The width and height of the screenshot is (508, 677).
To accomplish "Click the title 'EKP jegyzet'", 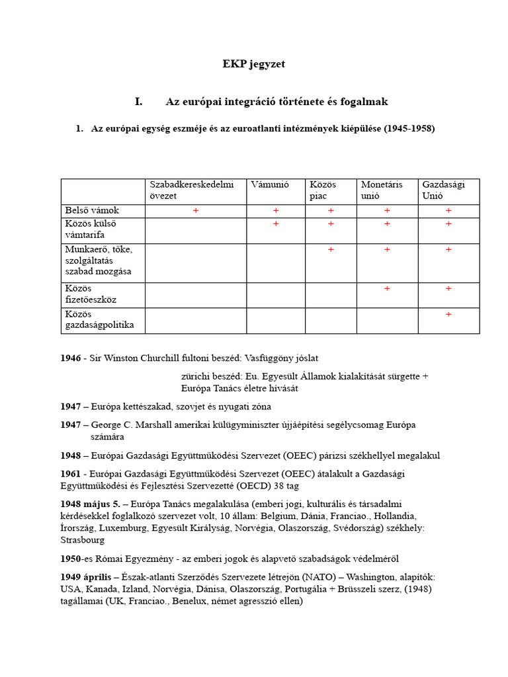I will pyautogui.click(x=253, y=64).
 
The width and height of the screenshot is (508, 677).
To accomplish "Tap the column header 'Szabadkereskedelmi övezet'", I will pyautogui.click(x=192, y=190).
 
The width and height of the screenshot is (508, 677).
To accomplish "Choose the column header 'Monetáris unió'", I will pyautogui.click(x=381, y=190).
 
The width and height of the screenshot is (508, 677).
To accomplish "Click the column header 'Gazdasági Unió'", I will pyautogui.click(x=443, y=190).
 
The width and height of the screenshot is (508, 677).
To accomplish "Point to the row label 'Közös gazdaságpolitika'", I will pyautogui.click(x=99, y=320).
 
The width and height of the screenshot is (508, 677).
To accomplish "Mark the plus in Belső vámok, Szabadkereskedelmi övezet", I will pyautogui.click(x=196, y=210).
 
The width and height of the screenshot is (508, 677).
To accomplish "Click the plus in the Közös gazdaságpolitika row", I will pyautogui.click(x=448, y=314).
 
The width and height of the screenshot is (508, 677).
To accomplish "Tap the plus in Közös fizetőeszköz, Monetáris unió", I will pyautogui.click(x=387, y=289).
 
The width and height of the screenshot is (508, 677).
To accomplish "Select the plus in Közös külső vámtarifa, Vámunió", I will pyautogui.click(x=276, y=224).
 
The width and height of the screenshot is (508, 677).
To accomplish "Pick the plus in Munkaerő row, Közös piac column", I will pyautogui.click(x=331, y=249).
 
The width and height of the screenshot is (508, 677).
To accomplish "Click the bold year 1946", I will pyautogui.click(x=70, y=358).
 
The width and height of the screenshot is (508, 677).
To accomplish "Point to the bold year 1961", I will pyautogui.click(x=70, y=473).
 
